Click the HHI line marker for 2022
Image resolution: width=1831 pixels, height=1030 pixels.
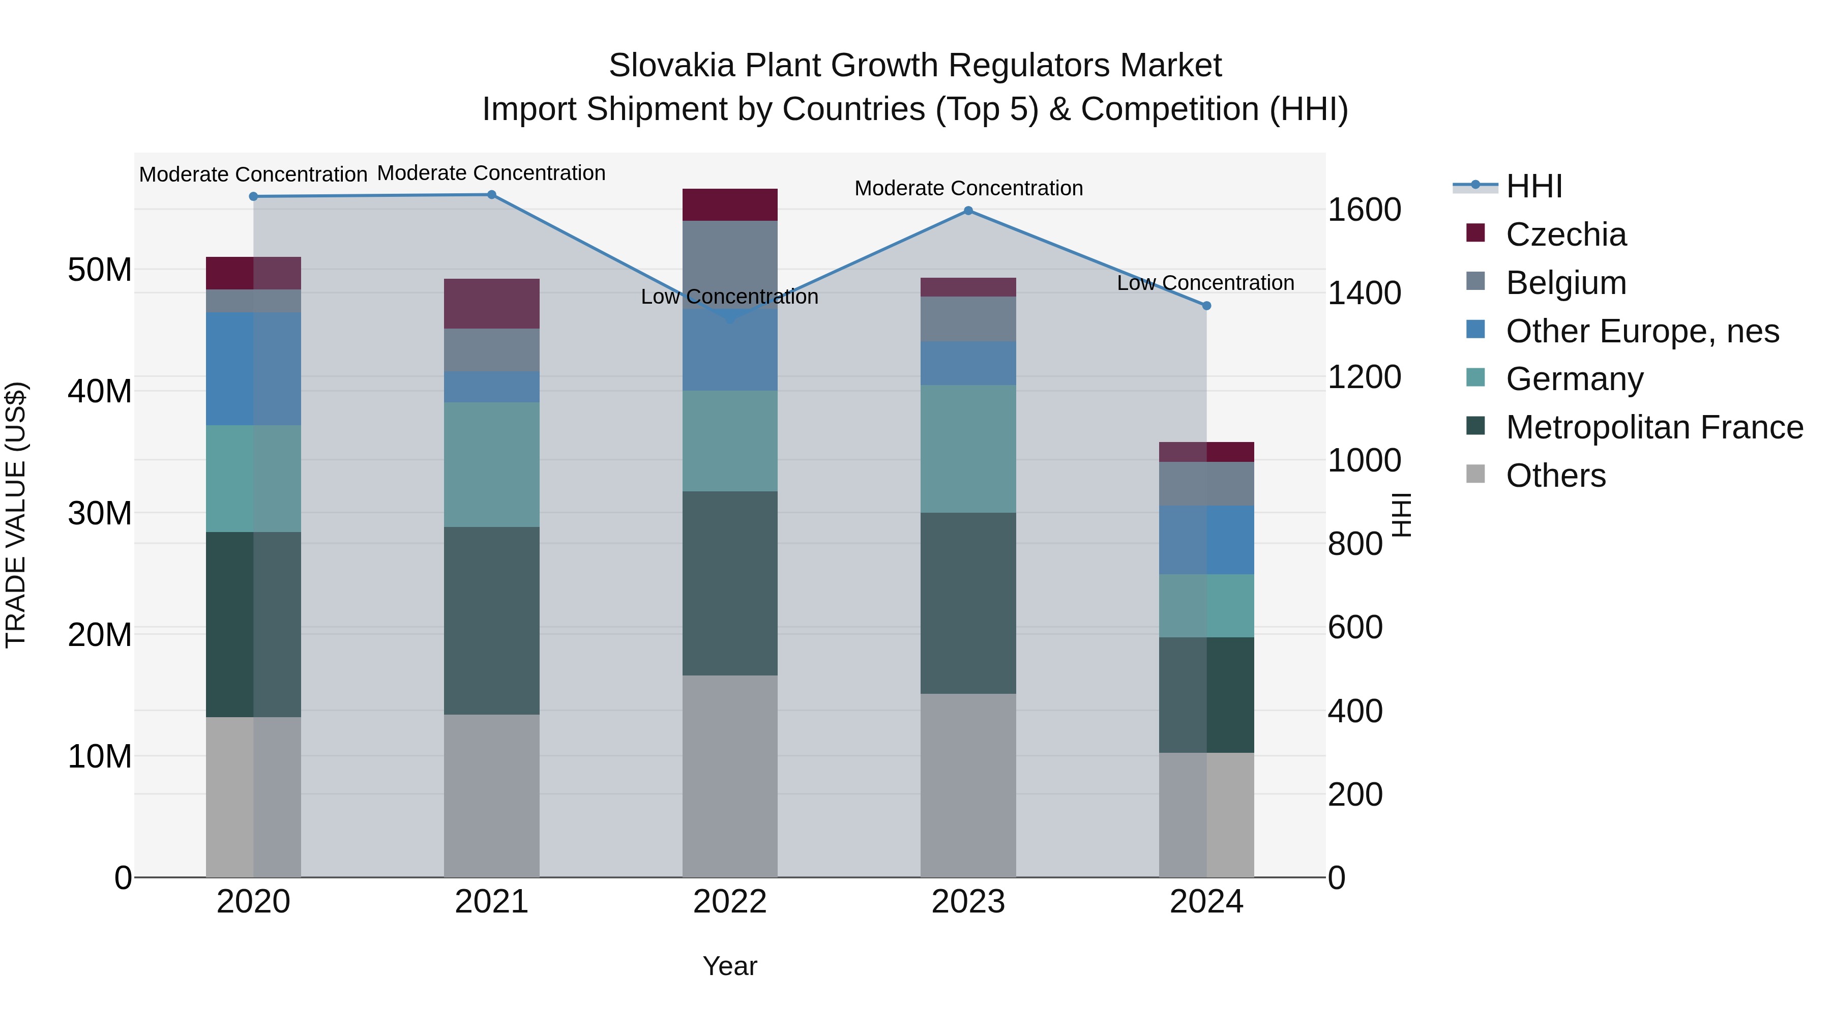(x=730, y=319)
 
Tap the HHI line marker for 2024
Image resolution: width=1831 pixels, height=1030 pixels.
(x=1206, y=306)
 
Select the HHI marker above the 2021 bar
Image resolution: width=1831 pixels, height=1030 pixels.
(x=491, y=195)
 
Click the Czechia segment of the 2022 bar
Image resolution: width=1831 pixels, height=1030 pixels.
(x=730, y=204)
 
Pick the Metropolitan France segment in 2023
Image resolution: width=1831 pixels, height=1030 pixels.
(x=968, y=603)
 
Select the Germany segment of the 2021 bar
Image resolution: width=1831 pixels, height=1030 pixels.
(x=491, y=464)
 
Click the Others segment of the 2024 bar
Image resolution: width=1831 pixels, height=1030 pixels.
(x=1206, y=815)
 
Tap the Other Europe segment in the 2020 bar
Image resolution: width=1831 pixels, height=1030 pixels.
(x=253, y=368)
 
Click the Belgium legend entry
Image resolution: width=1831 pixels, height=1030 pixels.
(x=1566, y=282)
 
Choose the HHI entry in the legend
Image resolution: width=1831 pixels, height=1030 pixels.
(x=1534, y=186)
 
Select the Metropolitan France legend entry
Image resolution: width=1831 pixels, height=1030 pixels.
(x=1654, y=427)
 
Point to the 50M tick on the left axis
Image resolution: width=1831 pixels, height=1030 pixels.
(x=100, y=270)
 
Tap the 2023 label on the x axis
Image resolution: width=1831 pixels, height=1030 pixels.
(x=968, y=902)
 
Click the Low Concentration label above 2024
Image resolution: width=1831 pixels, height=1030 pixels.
(x=1205, y=283)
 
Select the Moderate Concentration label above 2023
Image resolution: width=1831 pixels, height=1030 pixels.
(x=968, y=188)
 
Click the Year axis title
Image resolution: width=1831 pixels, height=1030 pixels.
(x=730, y=966)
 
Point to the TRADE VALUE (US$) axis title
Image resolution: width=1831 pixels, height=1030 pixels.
(x=16, y=515)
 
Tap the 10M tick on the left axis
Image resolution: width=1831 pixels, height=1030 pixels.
(x=100, y=756)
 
